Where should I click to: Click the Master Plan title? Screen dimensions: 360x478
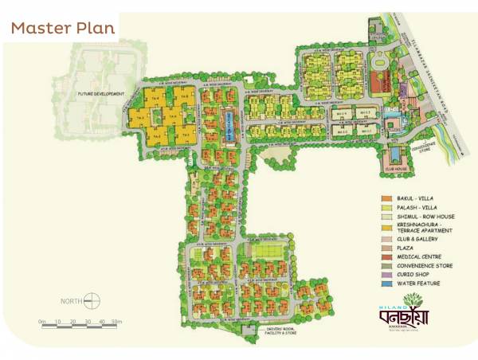(x=63, y=28)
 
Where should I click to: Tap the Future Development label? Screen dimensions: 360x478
(x=103, y=94)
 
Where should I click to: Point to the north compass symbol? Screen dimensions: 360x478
(x=93, y=301)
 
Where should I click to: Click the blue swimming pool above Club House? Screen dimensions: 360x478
(x=394, y=153)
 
